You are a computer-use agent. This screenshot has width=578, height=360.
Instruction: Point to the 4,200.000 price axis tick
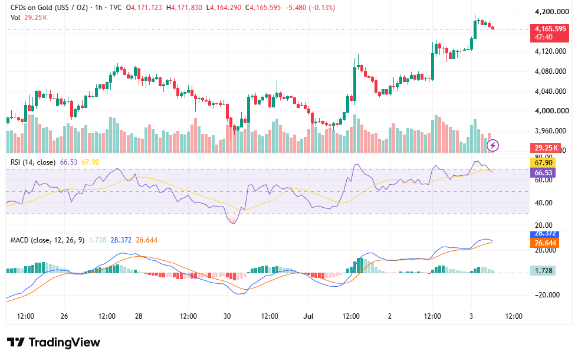551,12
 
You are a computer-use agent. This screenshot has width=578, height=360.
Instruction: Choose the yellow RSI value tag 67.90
543,163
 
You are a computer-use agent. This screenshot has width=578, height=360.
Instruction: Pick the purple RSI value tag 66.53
543,172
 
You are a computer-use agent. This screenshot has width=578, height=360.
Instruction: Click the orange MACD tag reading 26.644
545,243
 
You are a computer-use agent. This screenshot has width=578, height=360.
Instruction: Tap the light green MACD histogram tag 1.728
543,271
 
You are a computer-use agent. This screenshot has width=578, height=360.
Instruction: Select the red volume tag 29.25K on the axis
546,148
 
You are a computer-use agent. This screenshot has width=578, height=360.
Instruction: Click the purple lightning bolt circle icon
493,145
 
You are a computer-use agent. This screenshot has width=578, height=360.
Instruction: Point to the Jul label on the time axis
308,316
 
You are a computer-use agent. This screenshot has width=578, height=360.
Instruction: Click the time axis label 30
227,316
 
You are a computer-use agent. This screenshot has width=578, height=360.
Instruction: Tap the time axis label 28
139,316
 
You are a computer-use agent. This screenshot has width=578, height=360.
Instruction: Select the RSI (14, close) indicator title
33,162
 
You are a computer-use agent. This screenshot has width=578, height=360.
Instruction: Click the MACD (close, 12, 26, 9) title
47,240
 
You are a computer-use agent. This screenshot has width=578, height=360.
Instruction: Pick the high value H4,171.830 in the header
184,7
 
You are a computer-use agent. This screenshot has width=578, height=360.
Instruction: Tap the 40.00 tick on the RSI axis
544,202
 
